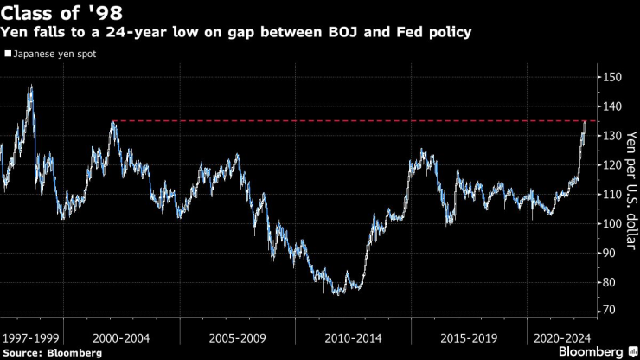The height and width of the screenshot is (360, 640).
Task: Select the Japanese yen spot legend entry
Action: [x=54, y=54]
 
